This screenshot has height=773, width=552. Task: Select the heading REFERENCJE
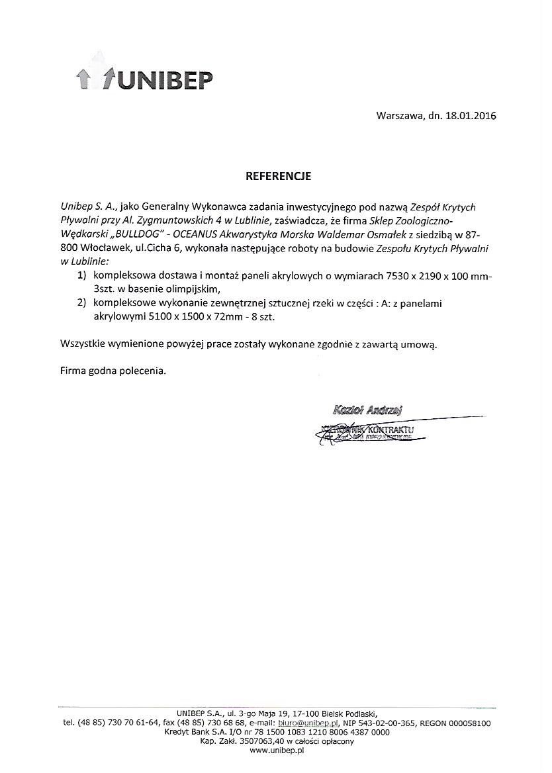(278, 177)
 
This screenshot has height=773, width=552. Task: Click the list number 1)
(83, 274)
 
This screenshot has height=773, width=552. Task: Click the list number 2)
(83, 303)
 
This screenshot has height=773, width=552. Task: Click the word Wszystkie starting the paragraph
(83, 345)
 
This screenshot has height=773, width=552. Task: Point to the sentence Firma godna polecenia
(113, 371)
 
